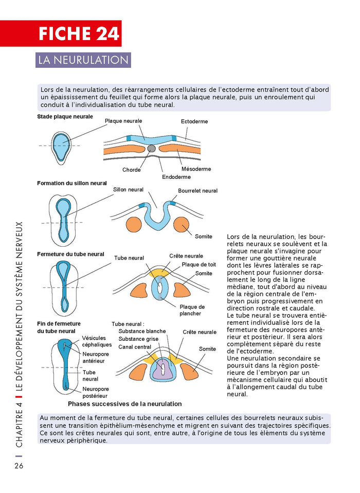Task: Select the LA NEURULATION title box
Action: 83,60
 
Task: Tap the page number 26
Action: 19,466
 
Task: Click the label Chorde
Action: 132,170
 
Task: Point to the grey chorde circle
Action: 151,148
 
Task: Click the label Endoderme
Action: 176,177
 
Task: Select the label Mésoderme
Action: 196,169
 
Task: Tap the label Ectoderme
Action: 194,121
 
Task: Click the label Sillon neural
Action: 128,190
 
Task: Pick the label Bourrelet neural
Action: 197,191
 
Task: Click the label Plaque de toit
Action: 199,265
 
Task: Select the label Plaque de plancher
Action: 192,310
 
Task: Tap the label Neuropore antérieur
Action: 96,357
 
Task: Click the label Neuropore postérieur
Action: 96,393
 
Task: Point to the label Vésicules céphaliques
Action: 97,341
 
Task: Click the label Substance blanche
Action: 142,331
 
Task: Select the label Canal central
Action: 135,347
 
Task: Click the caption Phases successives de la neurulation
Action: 124,404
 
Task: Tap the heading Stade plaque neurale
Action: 65,117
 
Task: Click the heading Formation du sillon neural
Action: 71,183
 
